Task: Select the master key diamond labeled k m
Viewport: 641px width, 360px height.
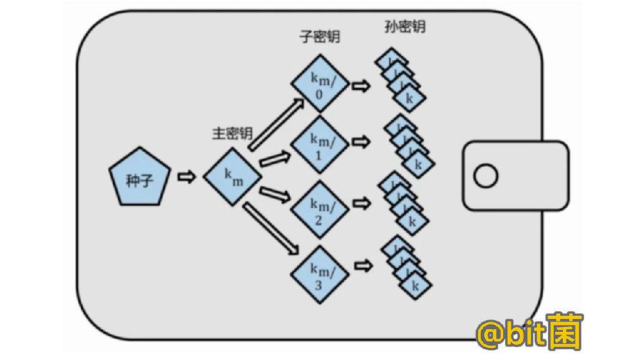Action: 232,177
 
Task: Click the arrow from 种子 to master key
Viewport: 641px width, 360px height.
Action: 187,177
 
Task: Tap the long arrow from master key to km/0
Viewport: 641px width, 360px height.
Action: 276,124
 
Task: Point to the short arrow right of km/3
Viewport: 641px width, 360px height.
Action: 362,264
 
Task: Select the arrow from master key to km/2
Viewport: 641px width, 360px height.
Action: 274,193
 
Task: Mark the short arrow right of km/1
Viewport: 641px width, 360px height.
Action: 362,141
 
